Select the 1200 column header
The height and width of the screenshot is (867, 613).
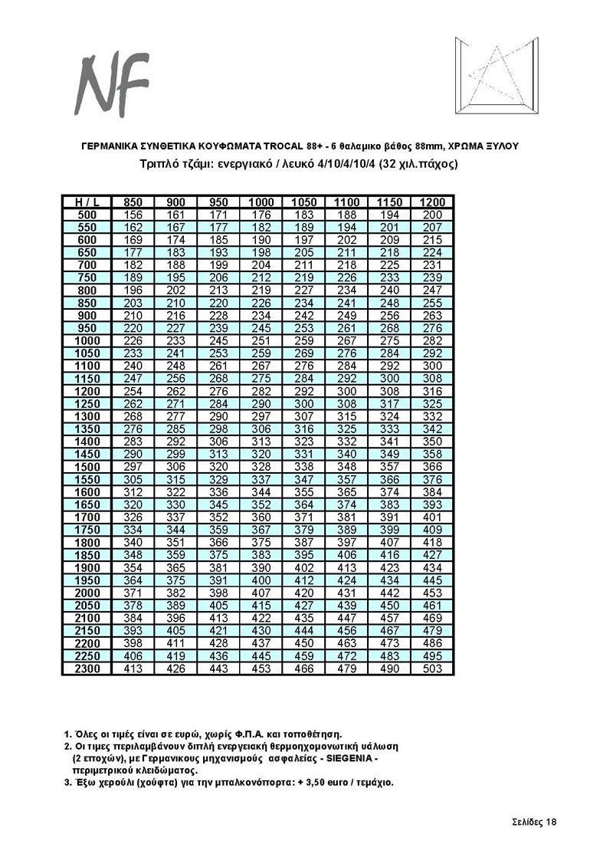click(x=432, y=202)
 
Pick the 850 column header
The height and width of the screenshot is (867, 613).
click(x=133, y=202)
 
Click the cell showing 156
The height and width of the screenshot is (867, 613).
click(x=133, y=215)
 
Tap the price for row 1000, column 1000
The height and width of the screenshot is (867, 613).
click(x=261, y=340)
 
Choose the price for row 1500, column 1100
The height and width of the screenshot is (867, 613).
click(x=347, y=467)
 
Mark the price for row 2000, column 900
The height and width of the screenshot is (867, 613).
click(x=176, y=593)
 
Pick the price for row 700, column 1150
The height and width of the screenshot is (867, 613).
click(x=389, y=265)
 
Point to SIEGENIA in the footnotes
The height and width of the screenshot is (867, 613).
click(x=346, y=758)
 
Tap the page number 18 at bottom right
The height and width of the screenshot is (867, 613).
click(x=549, y=823)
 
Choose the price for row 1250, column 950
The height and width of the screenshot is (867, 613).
click(x=219, y=404)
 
